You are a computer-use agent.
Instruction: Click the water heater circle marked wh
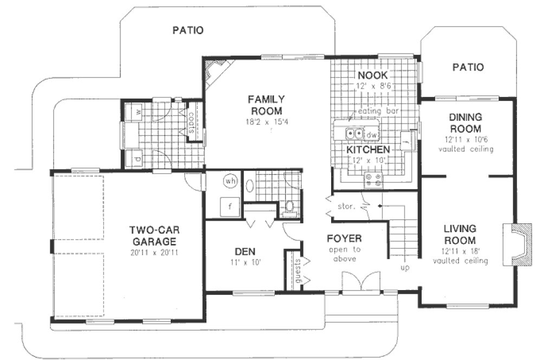[230, 181]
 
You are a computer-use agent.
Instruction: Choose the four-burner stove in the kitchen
[373, 181]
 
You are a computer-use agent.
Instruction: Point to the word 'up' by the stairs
[405, 268]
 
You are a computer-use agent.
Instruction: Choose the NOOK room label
[371, 75]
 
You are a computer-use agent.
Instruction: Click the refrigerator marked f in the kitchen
[407, 142]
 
